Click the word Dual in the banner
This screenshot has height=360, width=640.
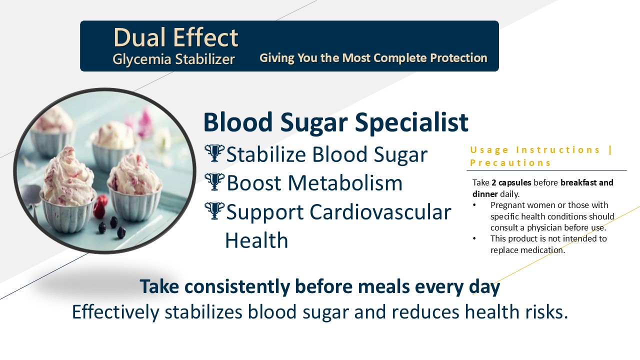tap(139, 37)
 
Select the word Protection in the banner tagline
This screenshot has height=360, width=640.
tap(458, 57)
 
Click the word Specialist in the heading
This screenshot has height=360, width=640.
tap(411, 123)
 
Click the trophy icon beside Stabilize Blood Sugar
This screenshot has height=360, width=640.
tap(214, 153)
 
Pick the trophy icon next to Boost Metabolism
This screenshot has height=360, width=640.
tap(214, 181)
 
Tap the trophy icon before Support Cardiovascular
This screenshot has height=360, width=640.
tap(214, 211)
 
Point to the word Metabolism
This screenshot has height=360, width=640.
tap(345, 183)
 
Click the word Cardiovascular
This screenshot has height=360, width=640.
tap(380, 212)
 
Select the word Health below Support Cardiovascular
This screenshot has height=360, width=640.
tap(256, 240)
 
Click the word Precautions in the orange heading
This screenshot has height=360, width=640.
tap(510, 163)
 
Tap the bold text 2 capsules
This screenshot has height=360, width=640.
tap(511, 182)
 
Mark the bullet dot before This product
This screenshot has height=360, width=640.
tap(474, 238)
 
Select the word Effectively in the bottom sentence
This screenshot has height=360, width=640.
tap(115, 311)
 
